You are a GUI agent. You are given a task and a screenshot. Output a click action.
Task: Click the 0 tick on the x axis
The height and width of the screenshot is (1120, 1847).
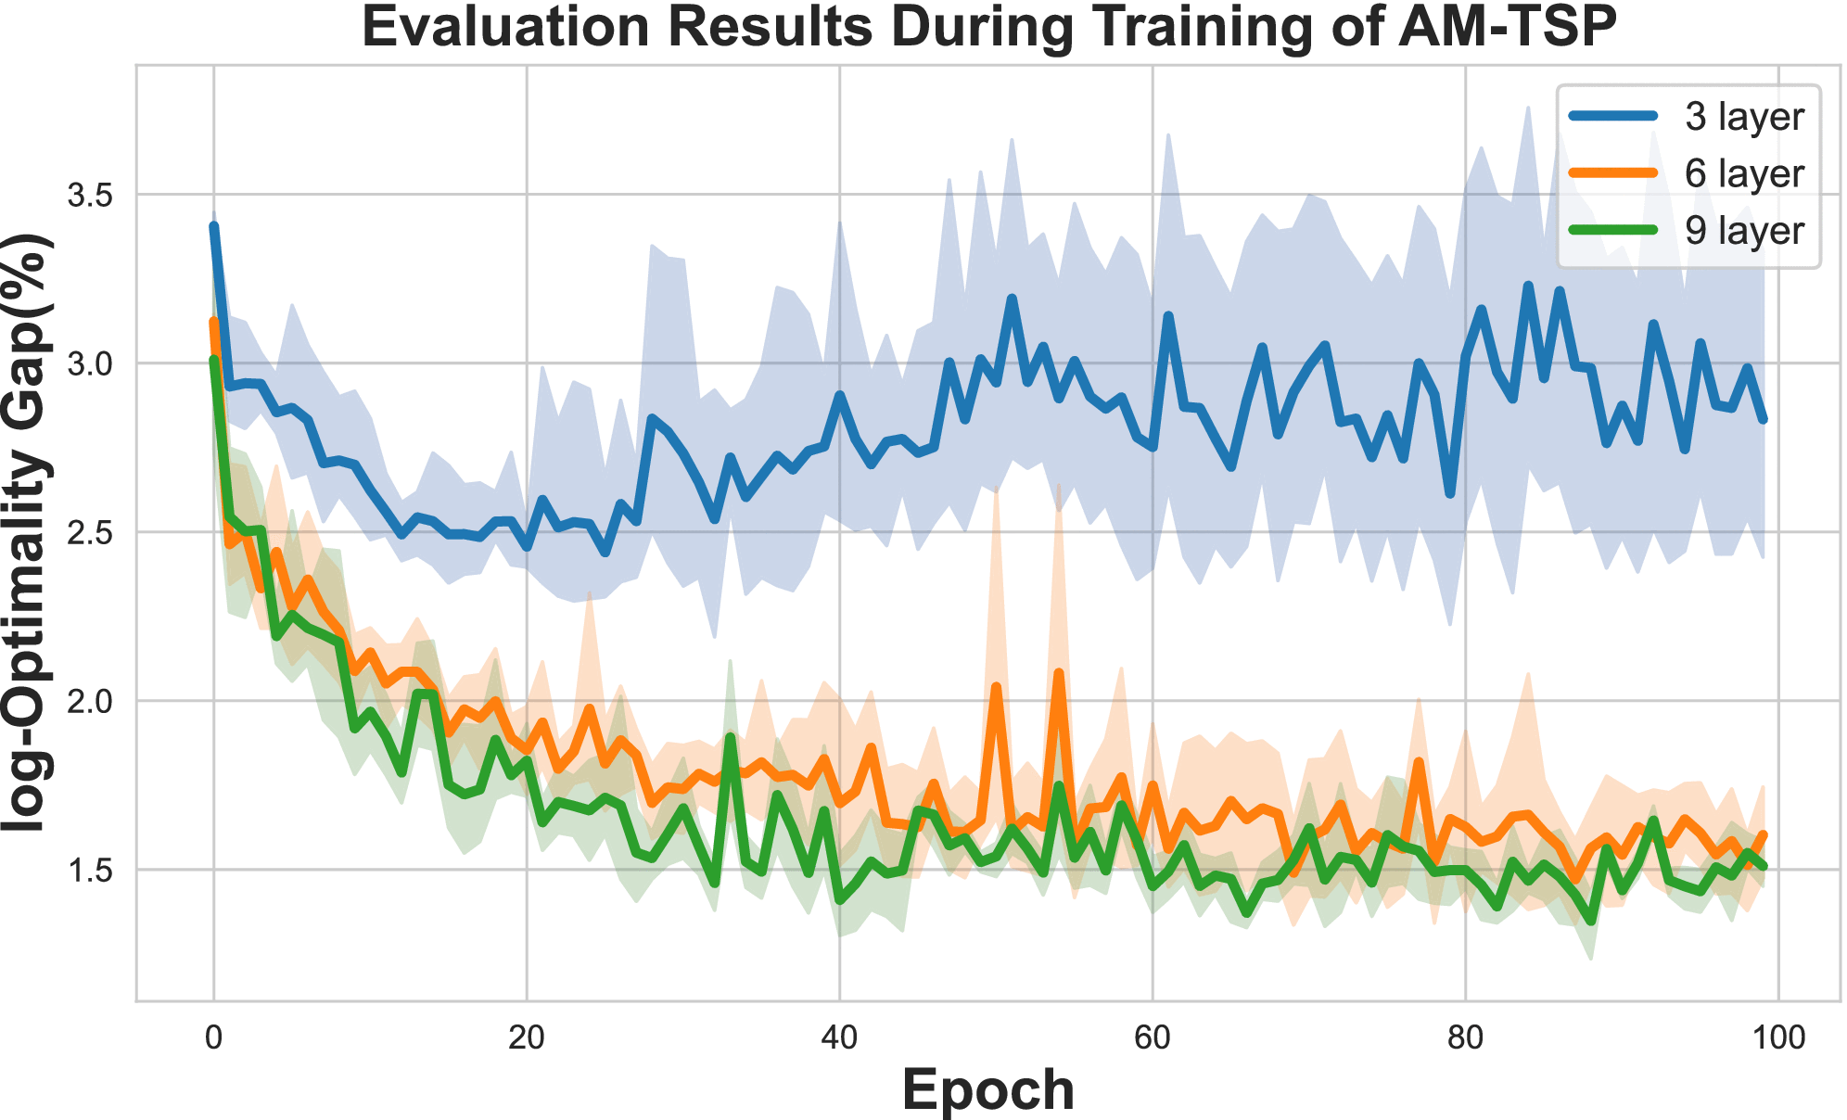(214, 1037)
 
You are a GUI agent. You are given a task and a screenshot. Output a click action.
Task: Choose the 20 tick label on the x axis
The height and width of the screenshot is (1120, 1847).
(527, 1037)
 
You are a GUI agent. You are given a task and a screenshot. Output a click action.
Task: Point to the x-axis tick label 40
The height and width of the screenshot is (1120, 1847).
(840, 1037)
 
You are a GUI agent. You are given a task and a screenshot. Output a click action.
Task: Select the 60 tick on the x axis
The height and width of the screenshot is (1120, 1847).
(1153, 1037)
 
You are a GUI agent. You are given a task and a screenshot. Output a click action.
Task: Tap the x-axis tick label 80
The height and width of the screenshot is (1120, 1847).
(1466, 1037)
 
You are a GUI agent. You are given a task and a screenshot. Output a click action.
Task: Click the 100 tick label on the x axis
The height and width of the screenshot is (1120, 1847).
(1778, 1037)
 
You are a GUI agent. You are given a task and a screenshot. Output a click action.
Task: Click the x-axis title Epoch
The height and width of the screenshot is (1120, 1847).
(987, 1089)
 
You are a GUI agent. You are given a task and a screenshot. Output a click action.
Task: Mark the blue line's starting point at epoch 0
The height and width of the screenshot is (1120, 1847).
(214, 226)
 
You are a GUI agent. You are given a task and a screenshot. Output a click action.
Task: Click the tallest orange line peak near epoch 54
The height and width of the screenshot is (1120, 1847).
(1059, 673)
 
